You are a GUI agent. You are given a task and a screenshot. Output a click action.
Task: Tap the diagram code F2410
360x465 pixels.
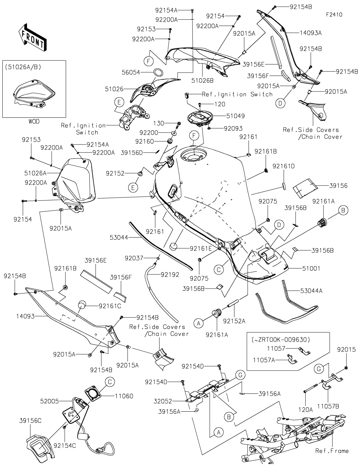[x=334, y=15]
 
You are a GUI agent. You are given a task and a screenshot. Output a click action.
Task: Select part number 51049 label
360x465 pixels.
[x=236, y=116]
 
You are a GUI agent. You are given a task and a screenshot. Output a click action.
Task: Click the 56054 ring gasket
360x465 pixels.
[x=159, y=72]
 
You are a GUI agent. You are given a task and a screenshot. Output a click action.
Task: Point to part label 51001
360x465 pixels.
[x=311, y=269]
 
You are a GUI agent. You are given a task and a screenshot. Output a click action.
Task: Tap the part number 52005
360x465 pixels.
[x=50, y=401]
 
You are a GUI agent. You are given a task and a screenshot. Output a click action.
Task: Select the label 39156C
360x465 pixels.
[x=30, y=420]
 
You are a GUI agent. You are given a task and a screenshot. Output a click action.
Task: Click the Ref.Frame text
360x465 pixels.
[x=332, y=451]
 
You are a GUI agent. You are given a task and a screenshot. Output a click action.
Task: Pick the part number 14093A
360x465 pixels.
[x=311, y=33]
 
